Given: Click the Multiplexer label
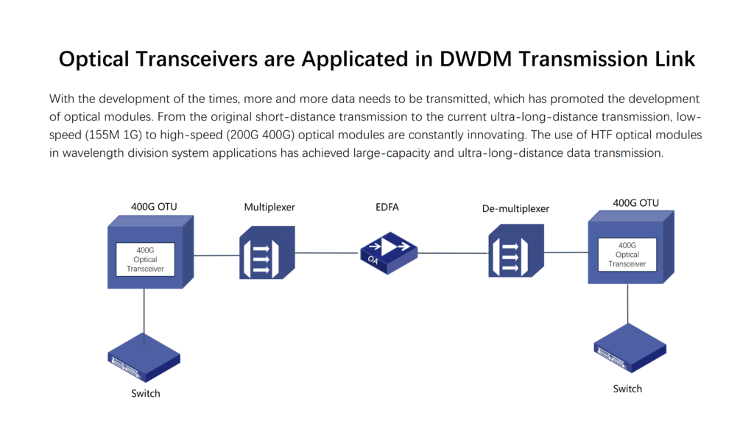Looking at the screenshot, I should (x=269, y=208).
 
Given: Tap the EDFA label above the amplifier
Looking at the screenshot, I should (x=387, y=207).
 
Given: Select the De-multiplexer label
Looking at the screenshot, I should (x=515, y=208).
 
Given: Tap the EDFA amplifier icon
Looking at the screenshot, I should (x=389, y=249).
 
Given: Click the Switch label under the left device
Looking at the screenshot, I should (x=146, y=393).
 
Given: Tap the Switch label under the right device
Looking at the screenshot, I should (x=627, y=389).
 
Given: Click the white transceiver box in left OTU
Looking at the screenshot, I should (x=146, y=259).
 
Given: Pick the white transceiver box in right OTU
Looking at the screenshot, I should (x=627, y=254).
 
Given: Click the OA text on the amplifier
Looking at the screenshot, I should (x=373, y=258).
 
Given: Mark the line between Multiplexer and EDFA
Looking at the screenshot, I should (x=326, y=253).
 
